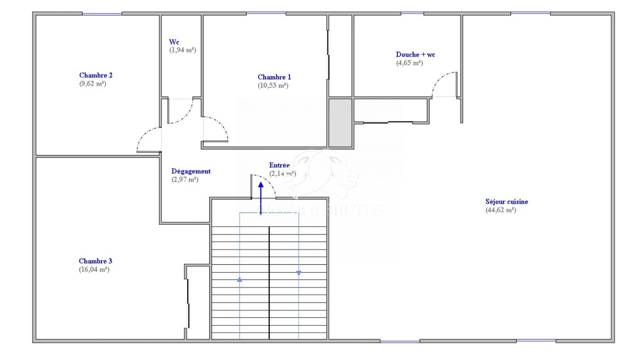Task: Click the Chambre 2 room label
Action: click(x=96, y=75)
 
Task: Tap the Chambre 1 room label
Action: click(x=274, y=77)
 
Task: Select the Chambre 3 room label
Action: click(x=95, y=261)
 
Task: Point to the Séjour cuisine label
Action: click(x=506, y=202)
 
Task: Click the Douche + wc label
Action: click(x=415, y=54)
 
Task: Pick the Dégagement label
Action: click(x=191, y=171)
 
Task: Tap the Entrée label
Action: click(x=279, y=165)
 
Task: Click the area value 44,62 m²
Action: click(x=501, y=210)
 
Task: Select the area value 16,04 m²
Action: click(x=94, y=269)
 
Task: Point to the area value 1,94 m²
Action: click(x=182, y=50)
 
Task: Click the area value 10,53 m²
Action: click(x=273, y=86)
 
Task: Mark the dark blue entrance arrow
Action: click(x=261, y=198)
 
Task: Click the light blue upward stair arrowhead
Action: click(x=240, y=280)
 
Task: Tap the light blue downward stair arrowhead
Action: click(x=299, y=273)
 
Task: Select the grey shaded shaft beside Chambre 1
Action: click(x=340, y=123)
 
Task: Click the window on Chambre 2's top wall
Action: click(x=102, y=14)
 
